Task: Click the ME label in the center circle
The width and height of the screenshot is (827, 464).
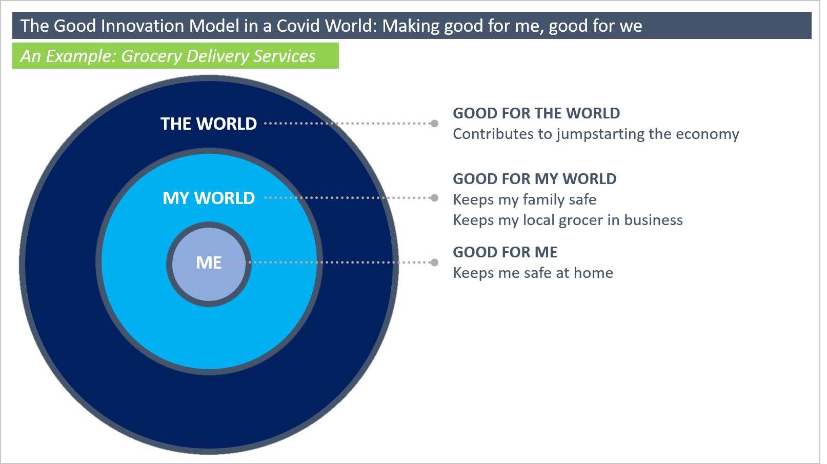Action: click(209, 263)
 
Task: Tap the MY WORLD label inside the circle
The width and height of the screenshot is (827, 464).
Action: click(209, 198)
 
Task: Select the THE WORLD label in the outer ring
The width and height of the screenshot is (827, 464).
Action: click(209, 124)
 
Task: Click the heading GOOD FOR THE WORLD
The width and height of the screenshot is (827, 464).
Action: click(536, 113)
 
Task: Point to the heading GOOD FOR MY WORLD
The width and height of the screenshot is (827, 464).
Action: click(535, 179)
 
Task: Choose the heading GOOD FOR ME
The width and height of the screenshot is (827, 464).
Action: click(505, 252)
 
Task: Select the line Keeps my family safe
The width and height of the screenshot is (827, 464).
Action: click(525, 200)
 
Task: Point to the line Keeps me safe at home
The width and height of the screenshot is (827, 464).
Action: click(533, 273)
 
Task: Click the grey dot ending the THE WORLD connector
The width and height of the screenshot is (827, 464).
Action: click(435, 124)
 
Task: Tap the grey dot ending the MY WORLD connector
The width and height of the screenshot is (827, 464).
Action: click(435, 198)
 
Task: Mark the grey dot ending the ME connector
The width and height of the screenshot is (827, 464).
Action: click(435, 263)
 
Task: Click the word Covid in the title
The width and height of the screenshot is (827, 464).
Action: click(298, 26)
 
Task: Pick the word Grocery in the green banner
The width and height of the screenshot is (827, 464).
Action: click(151, 56)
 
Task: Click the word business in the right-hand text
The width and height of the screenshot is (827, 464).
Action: click(654, 220)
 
